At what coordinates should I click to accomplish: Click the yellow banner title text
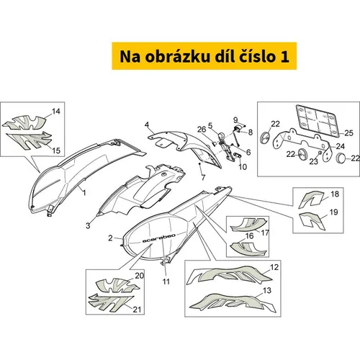click(204, 57)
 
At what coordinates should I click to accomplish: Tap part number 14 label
click(56, 112)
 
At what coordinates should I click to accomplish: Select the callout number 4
click(147, 125)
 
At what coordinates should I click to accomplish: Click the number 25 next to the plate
click(348, 132)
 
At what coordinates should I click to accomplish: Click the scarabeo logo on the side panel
click(158, 238)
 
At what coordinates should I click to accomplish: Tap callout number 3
click(88, 225)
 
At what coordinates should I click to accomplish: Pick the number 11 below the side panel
click(166, 282)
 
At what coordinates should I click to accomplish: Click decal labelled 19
click(312, 220)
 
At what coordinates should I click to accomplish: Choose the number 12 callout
click(274, 267)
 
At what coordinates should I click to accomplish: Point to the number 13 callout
click(267, 291)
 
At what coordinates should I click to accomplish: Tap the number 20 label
click(139, 276)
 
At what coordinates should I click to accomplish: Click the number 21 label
click(137, 310)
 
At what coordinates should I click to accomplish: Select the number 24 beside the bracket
click(341, 146)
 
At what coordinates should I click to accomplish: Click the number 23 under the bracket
click(313, 161)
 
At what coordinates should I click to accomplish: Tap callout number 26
click(202, 130)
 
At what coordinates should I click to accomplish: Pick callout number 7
click(203, 178)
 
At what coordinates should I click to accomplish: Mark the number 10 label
click(243, 167)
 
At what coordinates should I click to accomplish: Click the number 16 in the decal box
click(250, 236)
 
